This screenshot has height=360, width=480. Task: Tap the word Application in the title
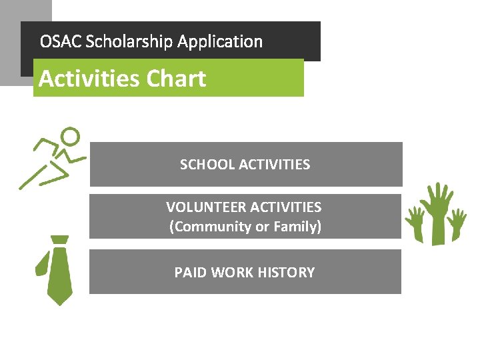pyautogui.click(x=220, y=42)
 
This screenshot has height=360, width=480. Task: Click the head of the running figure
pyautogui.click(x=70, y=136)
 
